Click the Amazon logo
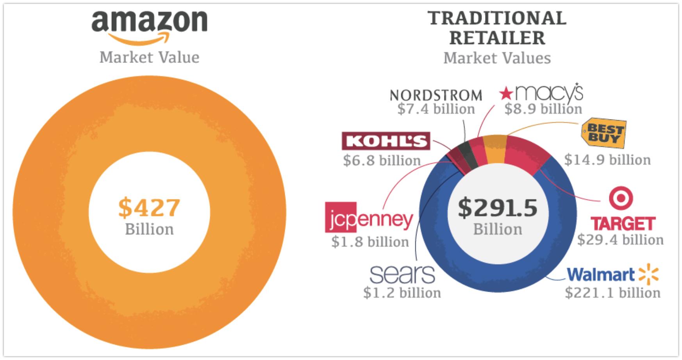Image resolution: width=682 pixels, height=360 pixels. [x=149, y=25]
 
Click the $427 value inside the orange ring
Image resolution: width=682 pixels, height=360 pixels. [x=149, y=207]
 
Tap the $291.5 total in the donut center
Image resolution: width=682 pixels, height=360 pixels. [x=497, y=207]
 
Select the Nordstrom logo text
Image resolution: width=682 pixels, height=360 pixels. [x=436, y=95]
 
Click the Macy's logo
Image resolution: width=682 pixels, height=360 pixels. [x=541, y=93]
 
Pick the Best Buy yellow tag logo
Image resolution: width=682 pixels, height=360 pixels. [x=603, y=134]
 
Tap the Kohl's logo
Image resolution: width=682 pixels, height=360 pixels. [x=386, y=141]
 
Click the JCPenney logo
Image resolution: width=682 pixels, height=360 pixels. [x=369, y=218]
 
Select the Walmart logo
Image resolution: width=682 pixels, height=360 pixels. [x=612, y=274]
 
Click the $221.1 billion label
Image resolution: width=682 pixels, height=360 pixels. [x=612, y=292]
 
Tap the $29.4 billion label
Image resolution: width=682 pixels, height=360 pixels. [x=620, y=239]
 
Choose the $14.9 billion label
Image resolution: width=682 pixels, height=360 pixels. [x=607, y=160]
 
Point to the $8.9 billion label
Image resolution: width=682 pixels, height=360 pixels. [x=543, y=109]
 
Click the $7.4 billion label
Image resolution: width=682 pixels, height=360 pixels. [x=436, y=109]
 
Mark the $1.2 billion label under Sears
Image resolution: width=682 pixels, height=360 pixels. [x=402, y=292]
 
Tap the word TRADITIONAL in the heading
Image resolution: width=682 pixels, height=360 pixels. [x=497, y=18]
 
